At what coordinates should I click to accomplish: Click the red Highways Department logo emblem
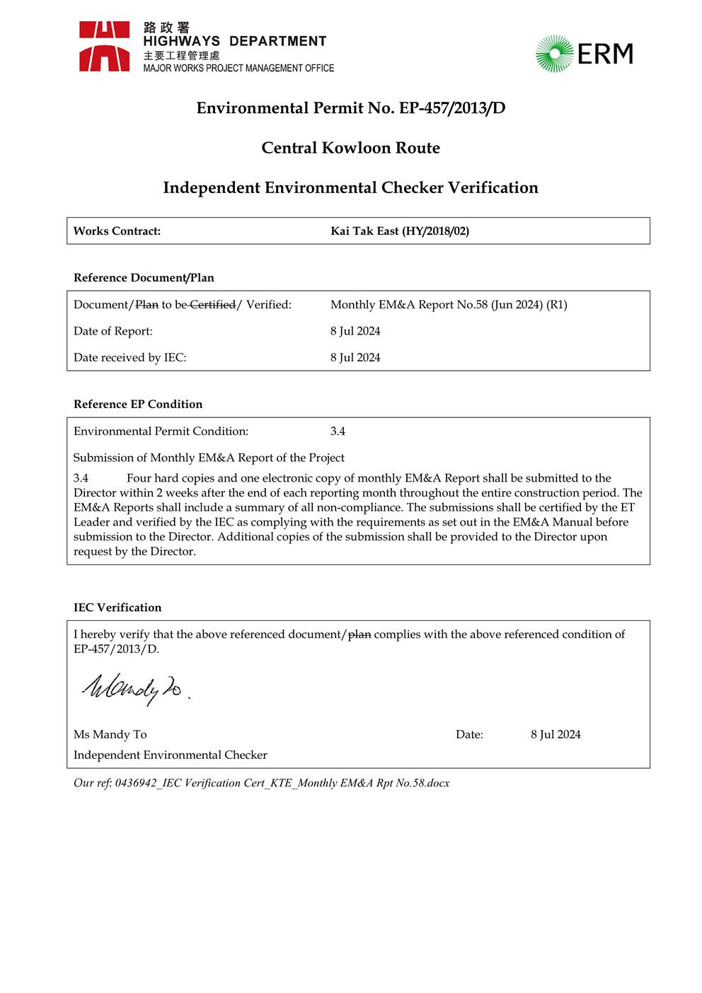coord(104,47)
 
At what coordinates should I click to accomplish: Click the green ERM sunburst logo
coord(553,54)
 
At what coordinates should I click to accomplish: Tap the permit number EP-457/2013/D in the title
coord(452,108)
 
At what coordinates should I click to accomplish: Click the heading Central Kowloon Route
coord(350,148)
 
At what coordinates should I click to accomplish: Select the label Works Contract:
coord(117,231)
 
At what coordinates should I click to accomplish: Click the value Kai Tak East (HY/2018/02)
coord(400,231)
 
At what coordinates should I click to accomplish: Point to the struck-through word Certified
coord(212,305)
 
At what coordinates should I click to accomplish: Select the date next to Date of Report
coord(355,331)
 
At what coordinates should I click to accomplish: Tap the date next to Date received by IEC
coord(355,358)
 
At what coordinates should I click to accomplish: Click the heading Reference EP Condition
coord(138,405)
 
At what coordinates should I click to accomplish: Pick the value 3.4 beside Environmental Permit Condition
coord(338,431)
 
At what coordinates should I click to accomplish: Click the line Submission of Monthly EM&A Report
coord(209,458)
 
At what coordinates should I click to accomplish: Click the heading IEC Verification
coord(117,608)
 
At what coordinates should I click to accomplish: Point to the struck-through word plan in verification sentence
coord(359,634)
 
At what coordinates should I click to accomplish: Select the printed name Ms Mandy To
coord(110,735)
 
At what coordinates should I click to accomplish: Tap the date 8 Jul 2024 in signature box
coord(556,735)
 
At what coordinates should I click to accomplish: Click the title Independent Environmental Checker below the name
coord(170,755)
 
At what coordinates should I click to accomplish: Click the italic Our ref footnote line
coord(261,783)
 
